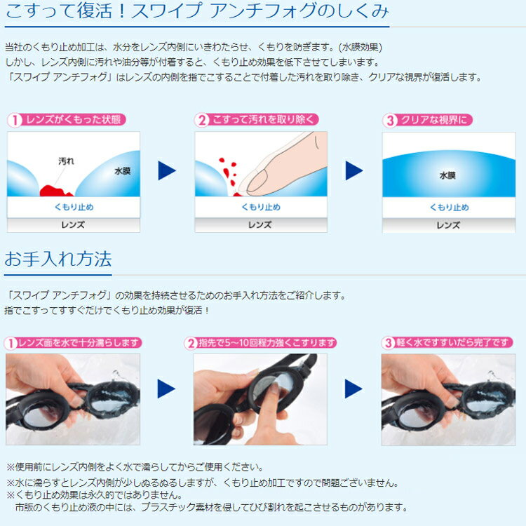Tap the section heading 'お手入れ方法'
point(58,259)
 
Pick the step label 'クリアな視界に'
point(433,120)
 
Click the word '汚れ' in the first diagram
point(65,161)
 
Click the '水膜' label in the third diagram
point(447,175)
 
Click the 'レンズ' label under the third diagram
point(447,225)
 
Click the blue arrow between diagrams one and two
point(166,170)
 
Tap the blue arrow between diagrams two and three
point(354,170)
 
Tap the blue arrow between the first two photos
point(166,389)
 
